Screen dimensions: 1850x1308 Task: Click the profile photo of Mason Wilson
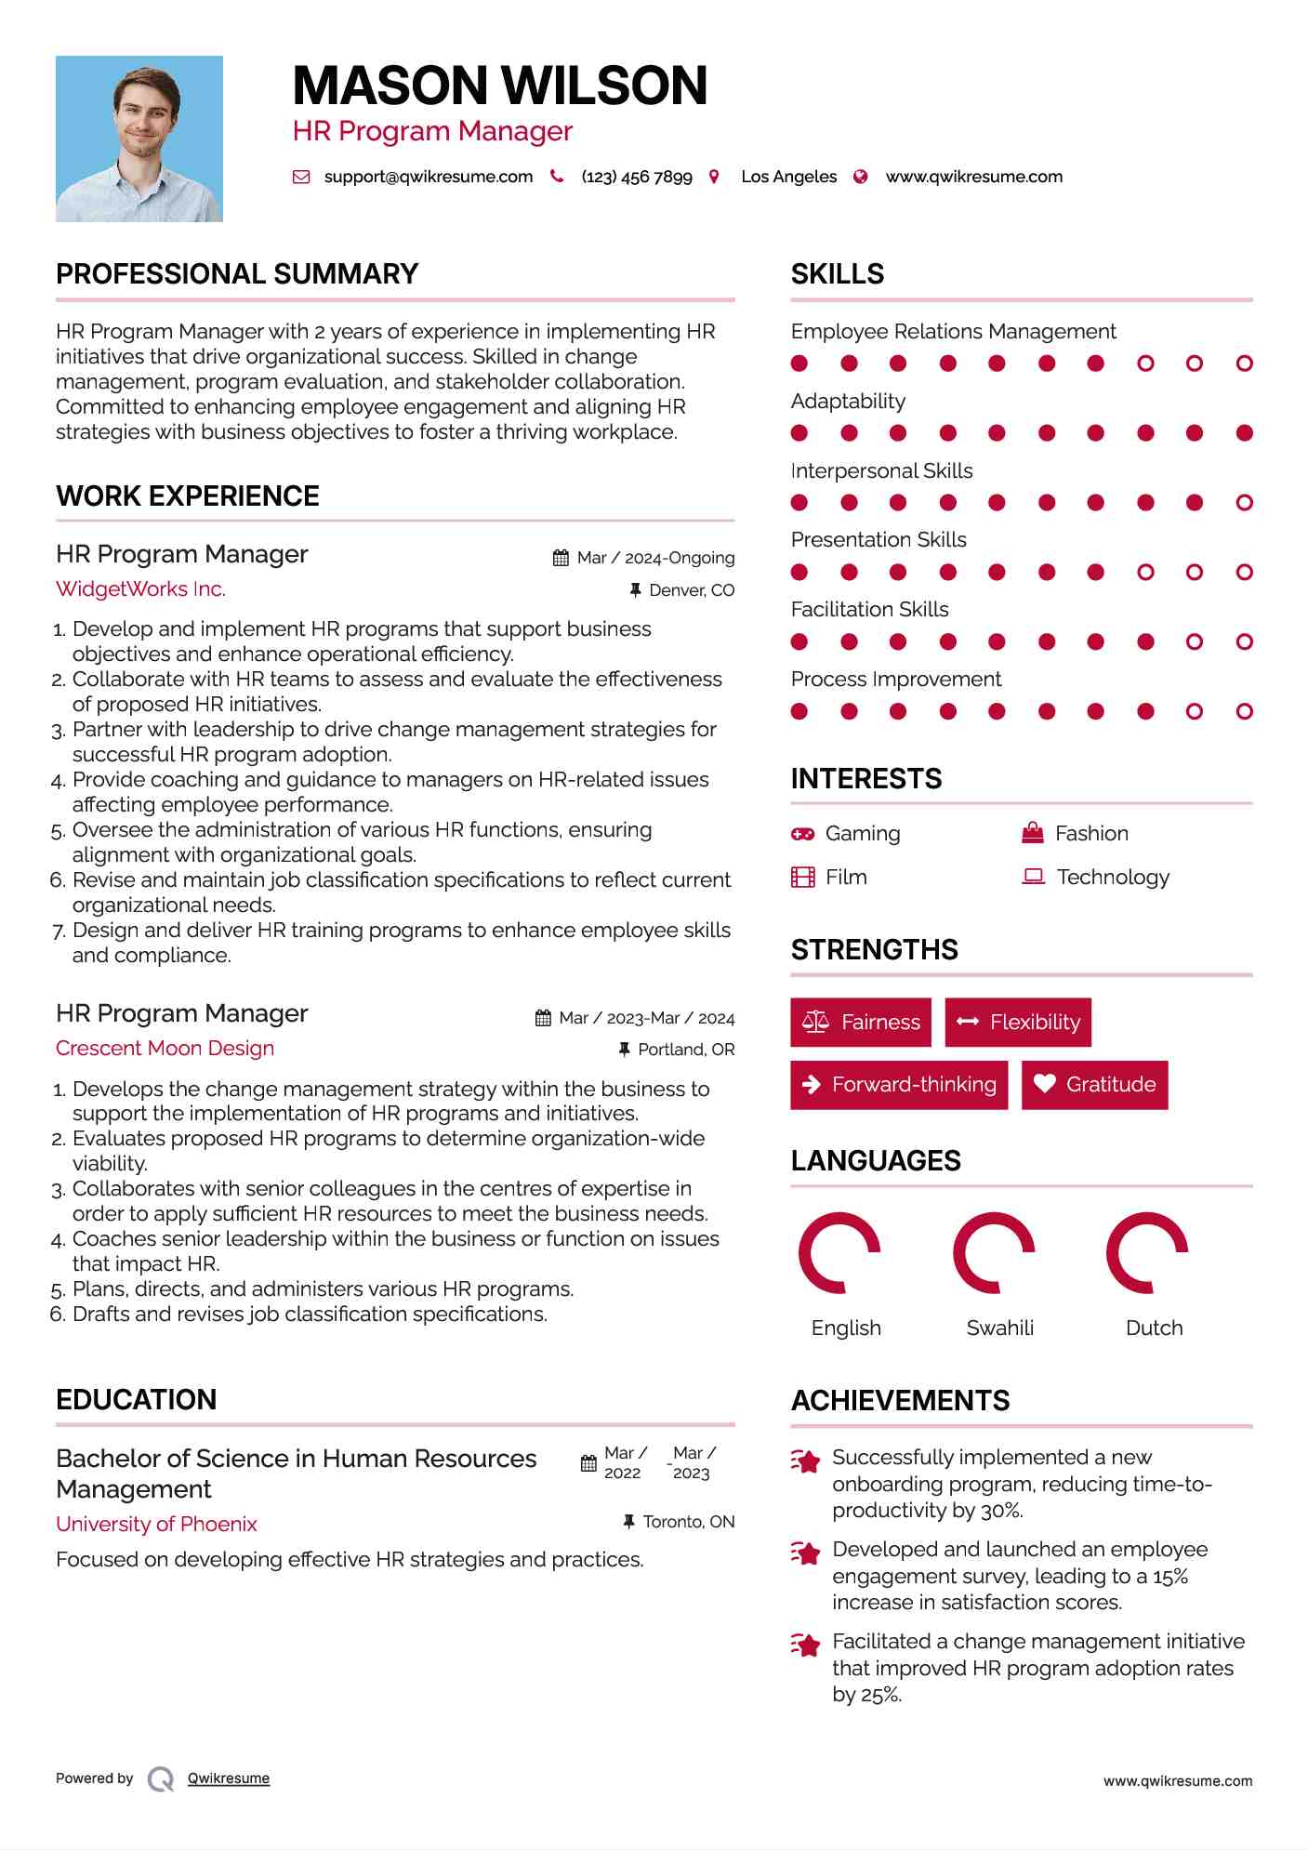(139, 139)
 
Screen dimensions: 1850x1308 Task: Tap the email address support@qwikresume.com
(428, 177)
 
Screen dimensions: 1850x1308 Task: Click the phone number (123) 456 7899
(636, 177)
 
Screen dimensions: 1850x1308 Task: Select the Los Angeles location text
(788, 177)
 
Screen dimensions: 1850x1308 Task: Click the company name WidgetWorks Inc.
(140, 589)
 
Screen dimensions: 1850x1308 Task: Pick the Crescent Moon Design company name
(165, 1049)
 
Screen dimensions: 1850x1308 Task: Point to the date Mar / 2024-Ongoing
(654, 558)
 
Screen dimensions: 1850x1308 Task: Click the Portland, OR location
(685, 1050)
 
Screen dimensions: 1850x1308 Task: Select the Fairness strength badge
(861, 1023)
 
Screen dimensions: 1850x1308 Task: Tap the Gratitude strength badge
(1094, 1085)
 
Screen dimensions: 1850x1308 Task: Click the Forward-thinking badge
(899, 1085)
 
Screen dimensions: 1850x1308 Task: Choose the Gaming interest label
(862, 834)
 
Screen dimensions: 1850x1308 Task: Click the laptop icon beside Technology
(1033, 877)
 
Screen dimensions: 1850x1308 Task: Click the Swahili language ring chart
(994, 1253)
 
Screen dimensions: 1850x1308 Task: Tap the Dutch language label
(1154, 1328)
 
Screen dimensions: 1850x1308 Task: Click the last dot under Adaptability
(1244, 433)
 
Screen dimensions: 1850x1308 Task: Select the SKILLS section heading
(837, 274)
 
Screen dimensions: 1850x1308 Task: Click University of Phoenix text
(156, 1525)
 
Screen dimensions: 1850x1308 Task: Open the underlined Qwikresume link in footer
(228, 1778)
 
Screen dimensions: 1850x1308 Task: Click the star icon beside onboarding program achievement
(805, 1461)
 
